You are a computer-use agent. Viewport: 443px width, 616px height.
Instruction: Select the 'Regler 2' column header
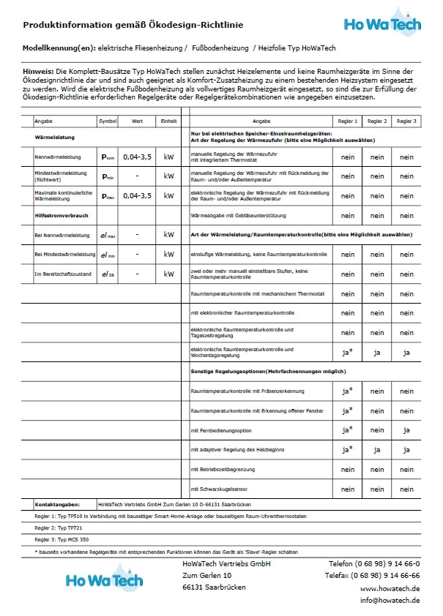point(377,121)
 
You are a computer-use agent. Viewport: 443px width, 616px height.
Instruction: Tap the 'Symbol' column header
point(108,121)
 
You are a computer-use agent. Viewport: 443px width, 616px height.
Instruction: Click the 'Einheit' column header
point(169,121)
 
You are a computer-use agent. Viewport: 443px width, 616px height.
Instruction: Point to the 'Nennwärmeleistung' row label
point(58,157)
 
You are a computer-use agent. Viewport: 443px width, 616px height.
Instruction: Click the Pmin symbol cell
point(108,176)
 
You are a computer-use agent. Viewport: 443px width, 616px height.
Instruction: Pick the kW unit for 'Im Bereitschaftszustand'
point(169,274)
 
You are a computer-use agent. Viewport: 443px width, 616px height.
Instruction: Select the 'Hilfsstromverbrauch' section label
point(62,215)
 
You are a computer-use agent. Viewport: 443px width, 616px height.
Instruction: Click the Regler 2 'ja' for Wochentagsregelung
point(377,352)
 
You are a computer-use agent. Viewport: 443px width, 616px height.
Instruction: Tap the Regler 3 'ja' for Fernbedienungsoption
point(406,429)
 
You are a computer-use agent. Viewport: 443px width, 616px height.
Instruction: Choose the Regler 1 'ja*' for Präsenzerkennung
point(348,391)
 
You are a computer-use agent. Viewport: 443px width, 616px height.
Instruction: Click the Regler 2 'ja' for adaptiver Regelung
point(377,449)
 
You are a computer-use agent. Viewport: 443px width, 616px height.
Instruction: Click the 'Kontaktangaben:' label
point(57,505)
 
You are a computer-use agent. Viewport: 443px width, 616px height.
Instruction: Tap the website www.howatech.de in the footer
point(390,588)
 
